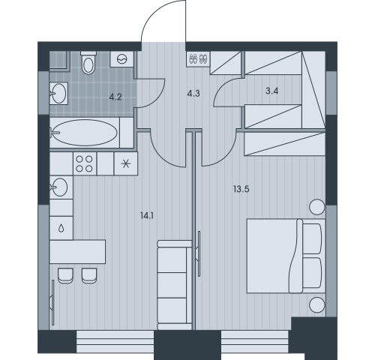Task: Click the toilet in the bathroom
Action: (88, 62)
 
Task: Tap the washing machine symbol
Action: (122, 59)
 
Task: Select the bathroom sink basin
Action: (59, 93)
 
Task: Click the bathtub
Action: (85, 133)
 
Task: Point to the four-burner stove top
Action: (85, 164)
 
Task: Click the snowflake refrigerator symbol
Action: (126, 164)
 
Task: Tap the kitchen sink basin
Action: (59, 187)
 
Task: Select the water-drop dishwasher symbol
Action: (61, 228)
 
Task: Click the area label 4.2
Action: (115, 97)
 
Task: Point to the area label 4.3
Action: (193, 94)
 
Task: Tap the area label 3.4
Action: (272, 91)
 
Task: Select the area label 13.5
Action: (241, 189)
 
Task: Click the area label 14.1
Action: (147, 216)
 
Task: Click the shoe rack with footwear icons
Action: (198, 59)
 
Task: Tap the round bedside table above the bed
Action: (317, 207)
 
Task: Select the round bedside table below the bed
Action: (317, 304)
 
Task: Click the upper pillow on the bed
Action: (312, 238)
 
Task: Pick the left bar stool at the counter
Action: (65, 276)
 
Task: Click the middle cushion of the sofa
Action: (172, 285)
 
